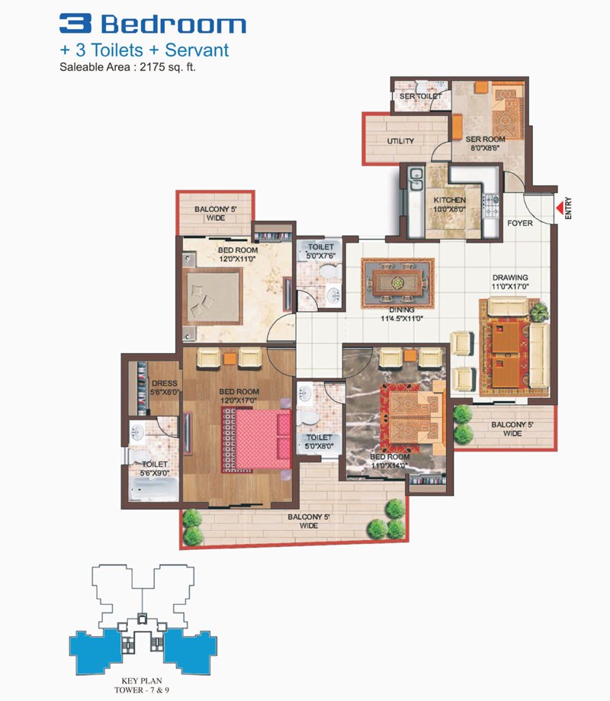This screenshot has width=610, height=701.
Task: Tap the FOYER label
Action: pyautogui.click(x=520, y=223)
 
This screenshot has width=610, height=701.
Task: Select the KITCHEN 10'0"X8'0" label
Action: pyautogui.click(x=450, y=204)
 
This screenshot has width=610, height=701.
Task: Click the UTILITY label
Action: pyautogui.click(x=400, y=141)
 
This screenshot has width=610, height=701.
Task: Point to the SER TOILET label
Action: pyautogui.click(x=421, y=96)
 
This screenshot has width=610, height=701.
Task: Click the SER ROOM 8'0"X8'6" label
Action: pyautogui.click(x=485, y=143)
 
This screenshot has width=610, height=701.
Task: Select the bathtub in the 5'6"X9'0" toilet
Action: pyautogui.click(x=154, y=489)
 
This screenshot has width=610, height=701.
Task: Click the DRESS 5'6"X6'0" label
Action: pyautogui.click(x=165, y=387)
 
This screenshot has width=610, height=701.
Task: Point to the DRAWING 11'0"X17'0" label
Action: pyautogui.click(x=510, y=281)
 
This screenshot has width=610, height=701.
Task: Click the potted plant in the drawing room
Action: pyautogui.click(x=539, y=311)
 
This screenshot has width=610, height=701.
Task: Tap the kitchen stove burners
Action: pyautogui.click(x=491, y=206)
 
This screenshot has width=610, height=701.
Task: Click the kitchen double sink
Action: pyautogui.click(x=416, y=178)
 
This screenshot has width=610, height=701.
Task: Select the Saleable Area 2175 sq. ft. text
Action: pyautogui.click(x=128, y=67)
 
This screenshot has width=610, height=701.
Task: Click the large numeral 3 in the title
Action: pyautogui.click(x=75, y=23)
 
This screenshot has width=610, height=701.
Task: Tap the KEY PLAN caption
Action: pyautogui.click(x=142, y=681)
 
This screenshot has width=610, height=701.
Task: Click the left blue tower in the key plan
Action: pyautogui.click(x=95, y=652)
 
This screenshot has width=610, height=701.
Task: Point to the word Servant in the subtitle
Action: pyautogui.click(x=197, y=50)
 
